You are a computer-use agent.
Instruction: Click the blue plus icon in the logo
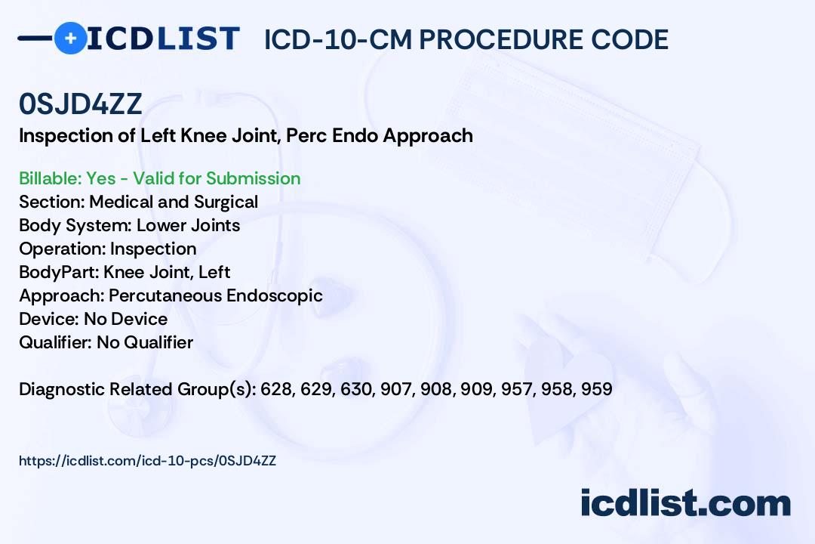[x=70, y=38]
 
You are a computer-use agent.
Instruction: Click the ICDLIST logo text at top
[x=163, y=39]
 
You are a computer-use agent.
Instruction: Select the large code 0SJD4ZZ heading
[x=81, y=104]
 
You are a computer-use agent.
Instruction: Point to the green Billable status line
[x=159, y=178]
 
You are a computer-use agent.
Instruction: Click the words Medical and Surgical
[x=174, y=202]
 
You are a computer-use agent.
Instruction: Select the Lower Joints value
[x=188, y=225]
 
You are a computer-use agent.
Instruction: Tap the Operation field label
[x=63, y=249]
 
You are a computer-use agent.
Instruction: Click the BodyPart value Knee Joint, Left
[x=167, y=272]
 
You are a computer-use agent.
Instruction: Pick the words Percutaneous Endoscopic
[x=216, y=295]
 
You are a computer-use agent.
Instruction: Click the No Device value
[x=126, y=319]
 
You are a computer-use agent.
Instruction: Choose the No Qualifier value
[x=145, y=342]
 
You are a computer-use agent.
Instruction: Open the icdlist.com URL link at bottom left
[x=148, y=461]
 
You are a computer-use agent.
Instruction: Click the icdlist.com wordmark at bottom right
[x=685, y=503]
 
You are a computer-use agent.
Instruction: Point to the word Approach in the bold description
[x=428, y=136]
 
